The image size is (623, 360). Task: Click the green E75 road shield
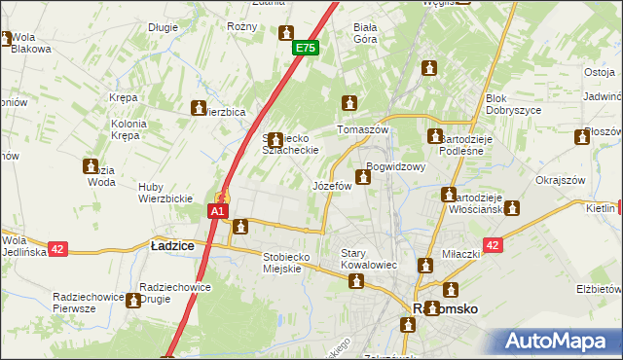coord(306,48)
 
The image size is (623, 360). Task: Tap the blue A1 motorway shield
coord(218,210)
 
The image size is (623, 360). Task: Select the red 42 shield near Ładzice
coord(57,249)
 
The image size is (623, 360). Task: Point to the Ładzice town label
coord(172,247)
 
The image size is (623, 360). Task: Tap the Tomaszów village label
coord(362,129)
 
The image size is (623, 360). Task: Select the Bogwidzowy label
coord(396,166)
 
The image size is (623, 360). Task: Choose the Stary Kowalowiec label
coord(367,259)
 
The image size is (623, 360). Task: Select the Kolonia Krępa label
coord(127,129)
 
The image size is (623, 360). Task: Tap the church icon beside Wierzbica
coord(200,108)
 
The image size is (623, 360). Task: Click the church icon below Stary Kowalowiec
coord(356,281)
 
